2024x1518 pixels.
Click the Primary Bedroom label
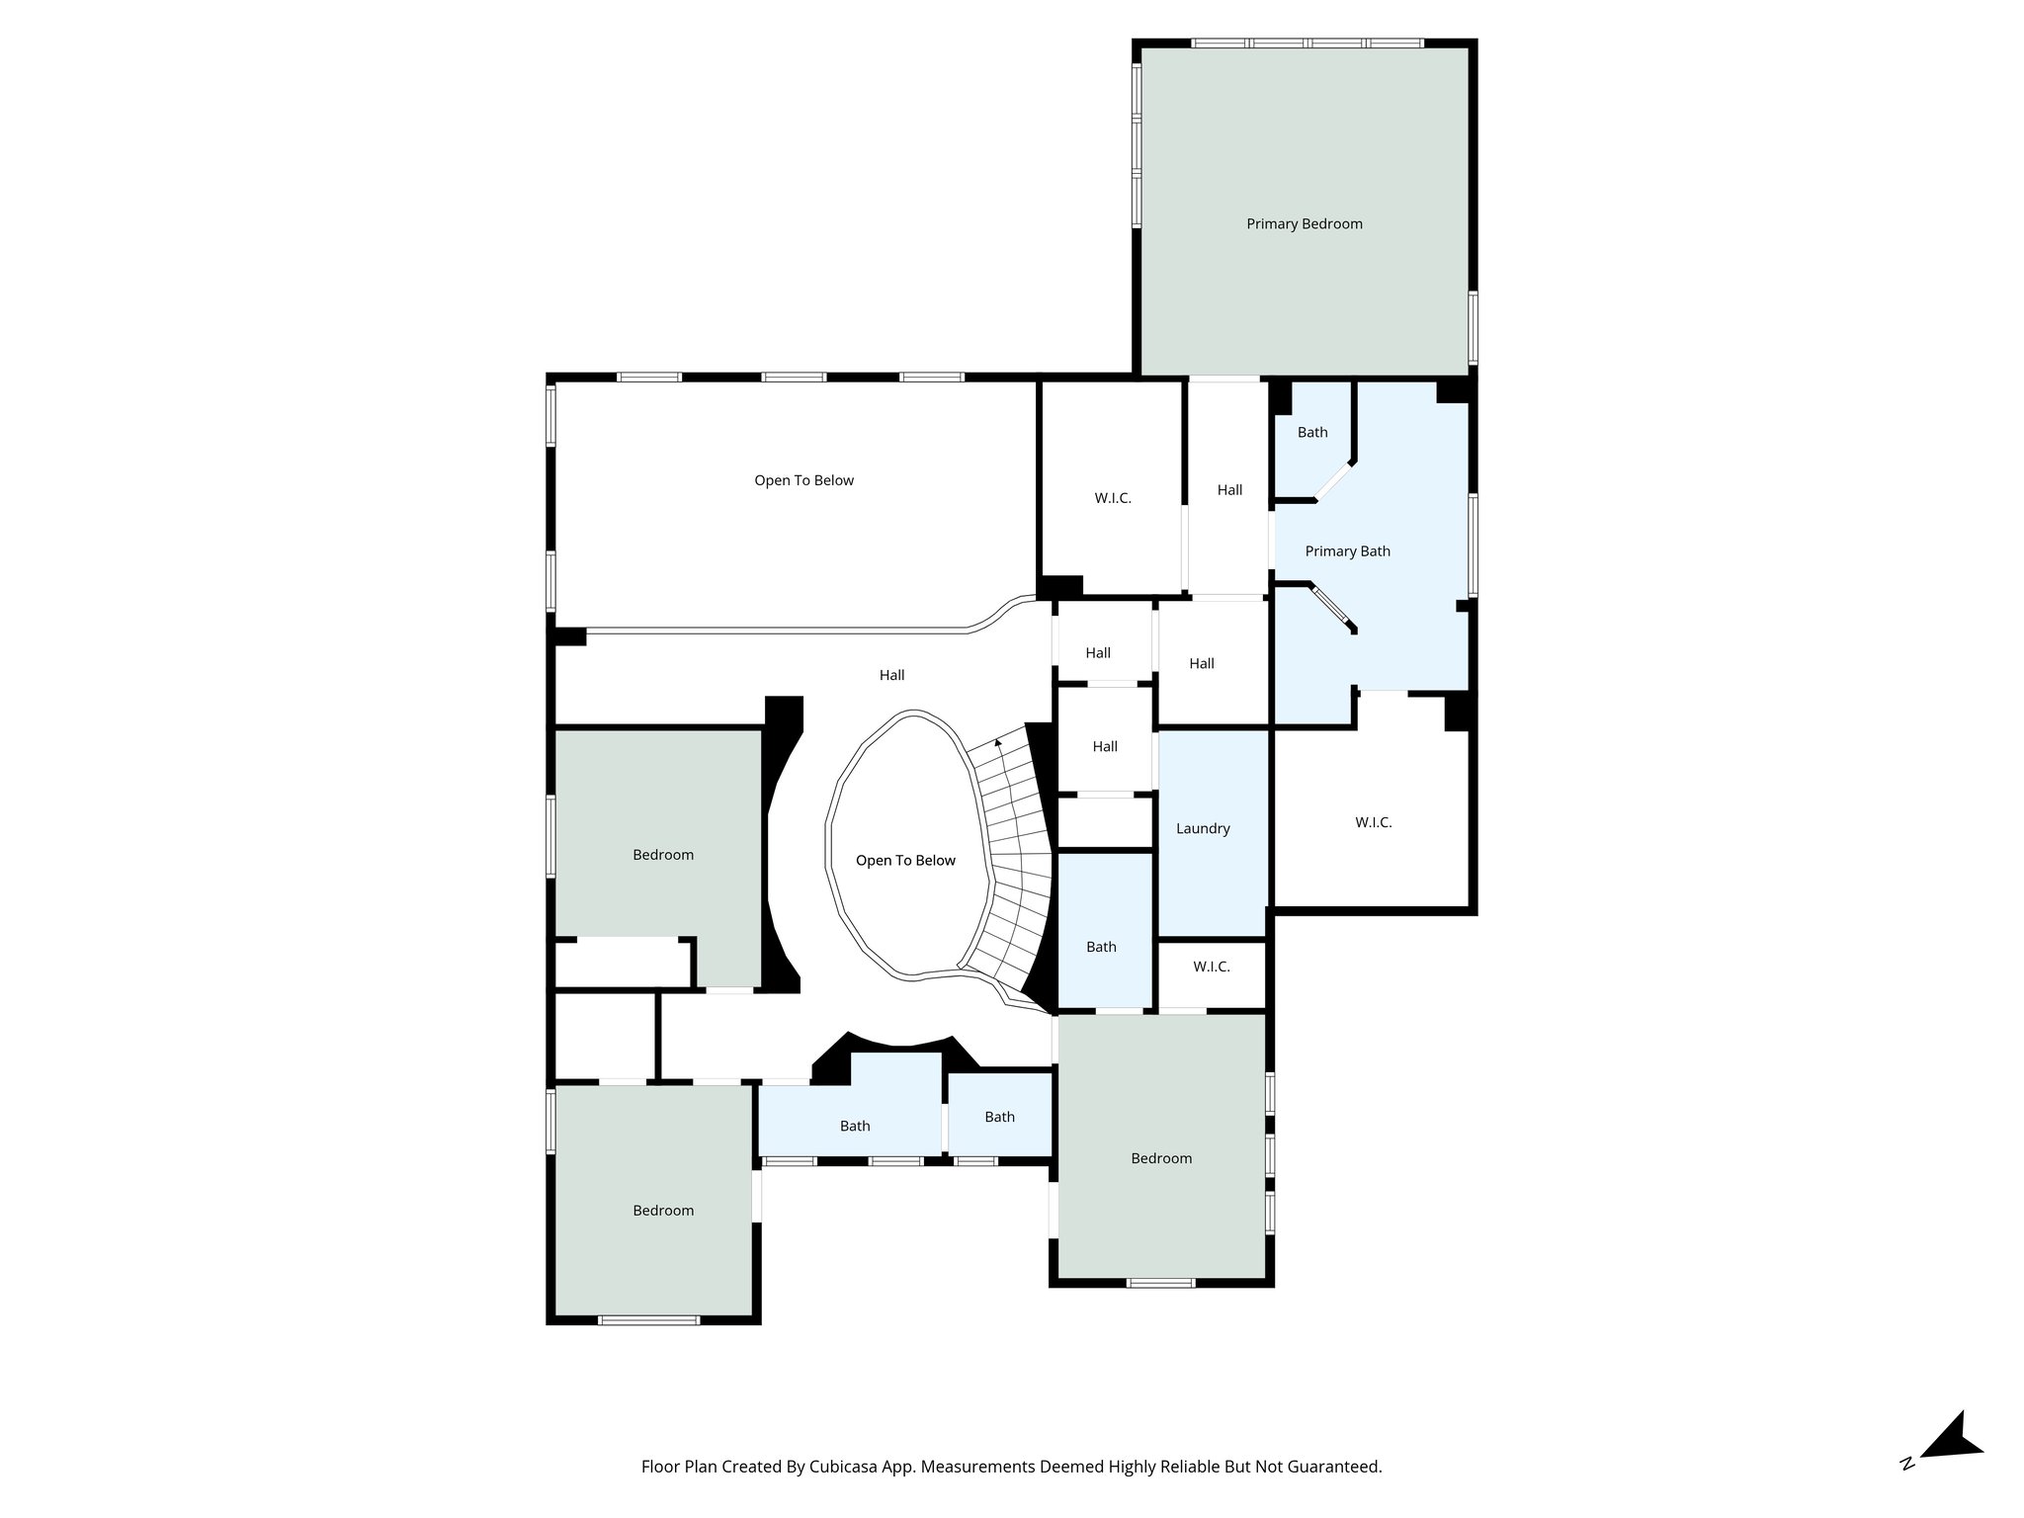(1304, 224)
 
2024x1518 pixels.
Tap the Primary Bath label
(1347, 551)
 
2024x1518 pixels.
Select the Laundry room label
(1203, 828)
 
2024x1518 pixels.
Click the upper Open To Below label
(803, 480)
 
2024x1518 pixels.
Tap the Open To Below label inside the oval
(905, 861)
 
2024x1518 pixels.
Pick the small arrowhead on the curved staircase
(998, 741)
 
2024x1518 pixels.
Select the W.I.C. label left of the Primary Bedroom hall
(1112, 498)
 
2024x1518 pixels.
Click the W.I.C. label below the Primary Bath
(1373, 822)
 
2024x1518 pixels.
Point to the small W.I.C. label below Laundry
(1211, 967)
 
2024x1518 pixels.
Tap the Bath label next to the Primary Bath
(1312, 432)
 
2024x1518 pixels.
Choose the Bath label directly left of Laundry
(1101, 947)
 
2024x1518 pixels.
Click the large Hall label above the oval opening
(891, 675)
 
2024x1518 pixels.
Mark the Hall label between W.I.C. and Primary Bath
(1229, 490)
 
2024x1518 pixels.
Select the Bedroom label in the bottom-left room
(663, 1211)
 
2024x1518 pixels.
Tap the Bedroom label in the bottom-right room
(1161, 1158)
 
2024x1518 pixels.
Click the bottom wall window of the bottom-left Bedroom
(648, 1319)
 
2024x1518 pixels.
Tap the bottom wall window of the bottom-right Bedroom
(1160, 1283)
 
